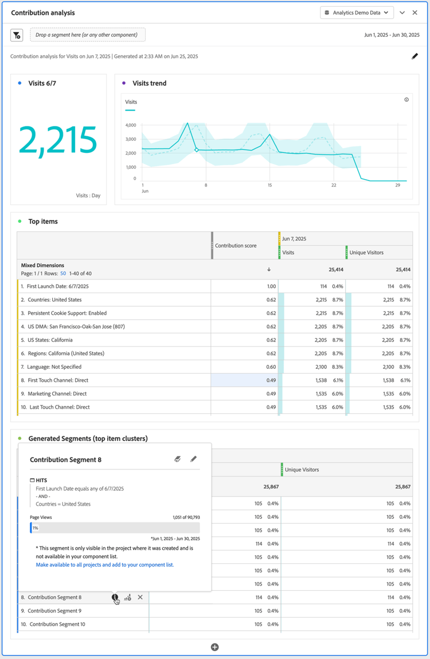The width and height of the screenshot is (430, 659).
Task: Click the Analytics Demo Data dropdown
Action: click(x=357, y=13)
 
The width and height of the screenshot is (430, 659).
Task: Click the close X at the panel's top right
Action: click(x=415, y=13)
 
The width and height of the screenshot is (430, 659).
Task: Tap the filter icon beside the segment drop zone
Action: click(x=17, y=35)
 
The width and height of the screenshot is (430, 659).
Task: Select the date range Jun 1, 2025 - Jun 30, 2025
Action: click(x=391, y=35)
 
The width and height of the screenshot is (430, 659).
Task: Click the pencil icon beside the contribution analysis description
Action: click(x=415, y=56)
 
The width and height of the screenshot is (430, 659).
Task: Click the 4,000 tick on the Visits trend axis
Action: click(x=130, y=125)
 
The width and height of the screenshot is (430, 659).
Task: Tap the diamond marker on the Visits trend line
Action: click(x=196, y=150)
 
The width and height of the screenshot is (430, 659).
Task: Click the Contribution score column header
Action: click(x=236, y=246)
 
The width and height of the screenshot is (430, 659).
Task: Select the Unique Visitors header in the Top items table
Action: click(x=367, y=252)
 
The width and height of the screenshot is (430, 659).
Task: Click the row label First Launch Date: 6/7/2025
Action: click(x=58, y=286)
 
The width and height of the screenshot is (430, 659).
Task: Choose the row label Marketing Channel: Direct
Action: click(x=57, y=394)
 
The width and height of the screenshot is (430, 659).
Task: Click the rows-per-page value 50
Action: click(x=64, y=274)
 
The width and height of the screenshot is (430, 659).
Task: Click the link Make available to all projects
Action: click(x=104, y=565)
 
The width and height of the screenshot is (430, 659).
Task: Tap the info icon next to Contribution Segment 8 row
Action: click(x=115, y=597)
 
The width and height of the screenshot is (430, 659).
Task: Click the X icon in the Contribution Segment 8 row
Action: click(x=140, y=597)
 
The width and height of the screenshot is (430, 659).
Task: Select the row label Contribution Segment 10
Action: click(x=57, y=624)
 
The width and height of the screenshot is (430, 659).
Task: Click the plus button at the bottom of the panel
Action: click(x=215, y=647)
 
